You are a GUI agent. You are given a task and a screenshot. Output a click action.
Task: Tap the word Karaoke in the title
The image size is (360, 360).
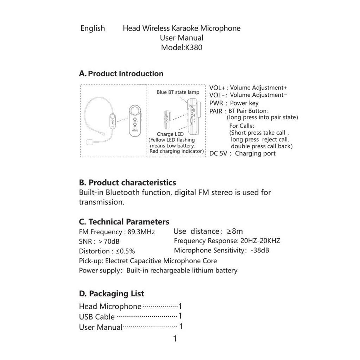pos(186,28)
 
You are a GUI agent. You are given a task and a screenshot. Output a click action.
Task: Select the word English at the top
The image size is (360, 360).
pos(92,28)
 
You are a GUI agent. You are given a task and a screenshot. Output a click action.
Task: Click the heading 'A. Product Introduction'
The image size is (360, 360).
pos(121,74)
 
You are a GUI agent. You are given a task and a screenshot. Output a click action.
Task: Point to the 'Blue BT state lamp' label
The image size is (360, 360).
pos(178,92)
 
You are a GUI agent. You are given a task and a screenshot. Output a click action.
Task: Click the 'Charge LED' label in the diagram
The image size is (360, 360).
pos(170,134)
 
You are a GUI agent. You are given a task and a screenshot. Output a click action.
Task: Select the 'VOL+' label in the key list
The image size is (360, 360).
pos(218,88)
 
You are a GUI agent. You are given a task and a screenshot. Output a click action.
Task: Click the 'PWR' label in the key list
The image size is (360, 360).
pos(216,103)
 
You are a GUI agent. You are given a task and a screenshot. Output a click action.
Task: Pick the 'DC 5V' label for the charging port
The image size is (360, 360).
pos(218,154)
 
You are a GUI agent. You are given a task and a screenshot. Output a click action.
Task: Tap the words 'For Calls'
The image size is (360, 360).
pos(242,126)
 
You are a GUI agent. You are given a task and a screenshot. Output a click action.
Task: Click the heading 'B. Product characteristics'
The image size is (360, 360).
pos(127,183)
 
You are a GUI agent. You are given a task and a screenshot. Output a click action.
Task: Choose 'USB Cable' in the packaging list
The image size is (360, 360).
pos(97,317)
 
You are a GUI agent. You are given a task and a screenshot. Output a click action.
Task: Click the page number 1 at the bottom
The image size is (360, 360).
pos(175,339)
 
